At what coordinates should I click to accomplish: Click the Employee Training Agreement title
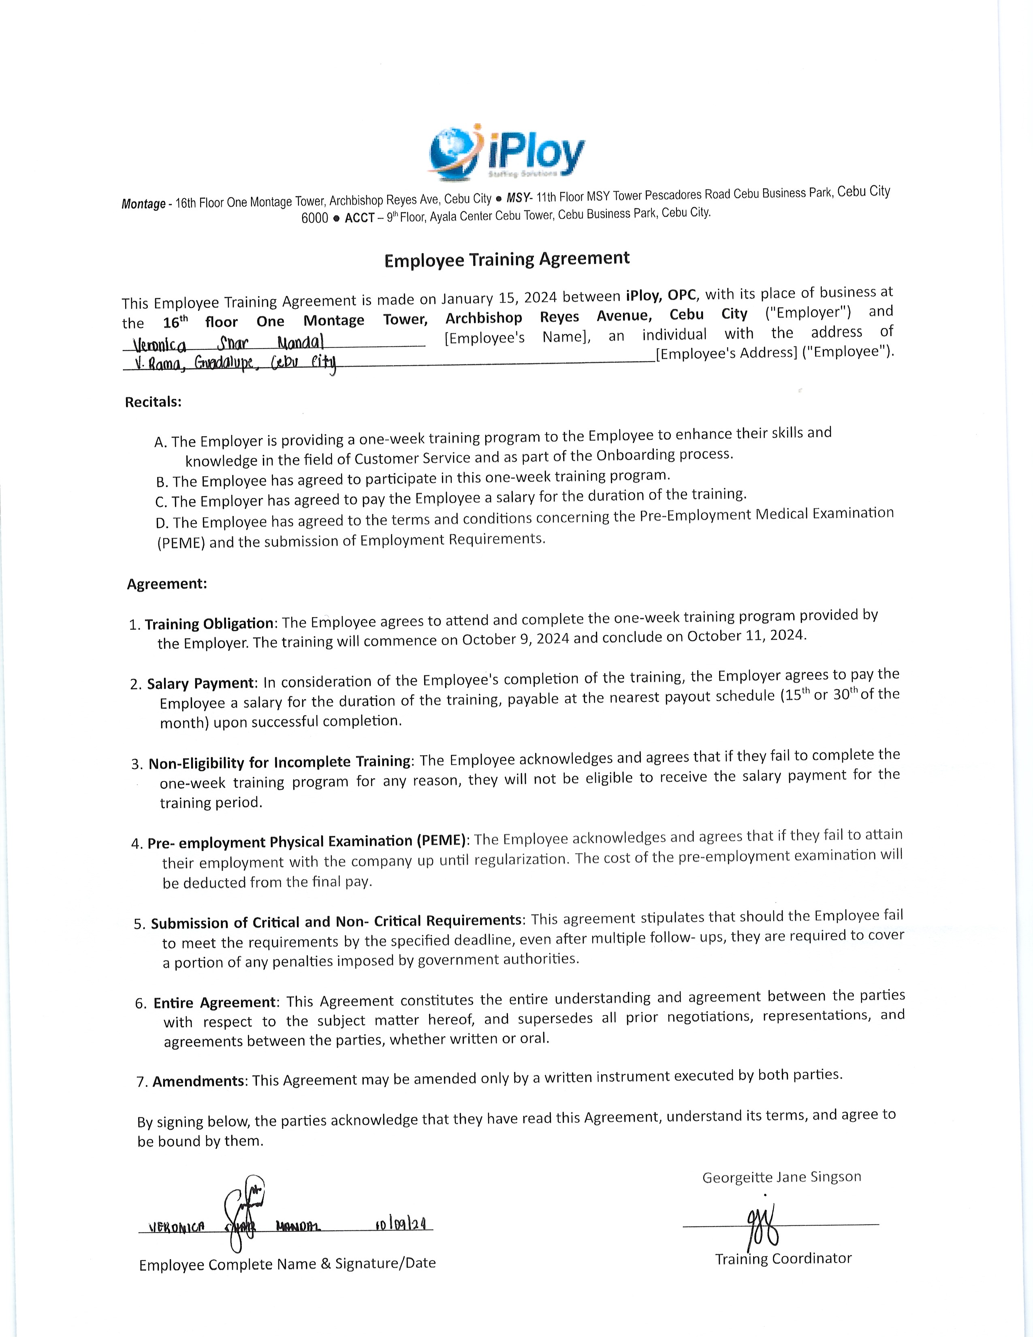coord(507,260)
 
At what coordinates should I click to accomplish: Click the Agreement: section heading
coord(167,583)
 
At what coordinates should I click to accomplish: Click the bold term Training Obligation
coord(209,624)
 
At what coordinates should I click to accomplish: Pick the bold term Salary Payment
coord(200,683)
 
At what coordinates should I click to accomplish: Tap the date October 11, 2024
coord(746,635)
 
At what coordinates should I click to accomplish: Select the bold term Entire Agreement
coord(215,1002)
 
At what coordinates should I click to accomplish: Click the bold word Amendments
coord(198,1081)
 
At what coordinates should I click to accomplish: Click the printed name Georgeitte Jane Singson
coord(781,1177)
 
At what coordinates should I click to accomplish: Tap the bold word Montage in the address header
coord(143,204)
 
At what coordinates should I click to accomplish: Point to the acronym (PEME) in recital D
coord(181,543)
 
